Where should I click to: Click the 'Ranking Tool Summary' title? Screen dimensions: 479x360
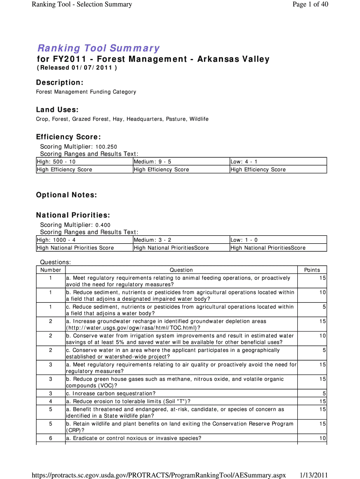point(99,48)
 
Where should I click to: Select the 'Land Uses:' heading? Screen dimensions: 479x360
point(57,109)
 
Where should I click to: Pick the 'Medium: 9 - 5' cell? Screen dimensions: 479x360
point(152,162)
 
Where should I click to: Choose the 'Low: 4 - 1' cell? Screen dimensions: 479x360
point(244,162)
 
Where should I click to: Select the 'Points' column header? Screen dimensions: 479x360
point(312,270)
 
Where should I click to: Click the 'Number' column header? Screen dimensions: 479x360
point(50,270)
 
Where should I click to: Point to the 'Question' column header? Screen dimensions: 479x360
point(181,270)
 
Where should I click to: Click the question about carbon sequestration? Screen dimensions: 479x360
point(111,394)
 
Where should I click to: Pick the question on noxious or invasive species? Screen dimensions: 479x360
point(134,438)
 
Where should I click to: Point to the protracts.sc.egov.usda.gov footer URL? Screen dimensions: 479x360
point(158,475)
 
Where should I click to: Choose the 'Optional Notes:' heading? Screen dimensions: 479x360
point(66,195)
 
